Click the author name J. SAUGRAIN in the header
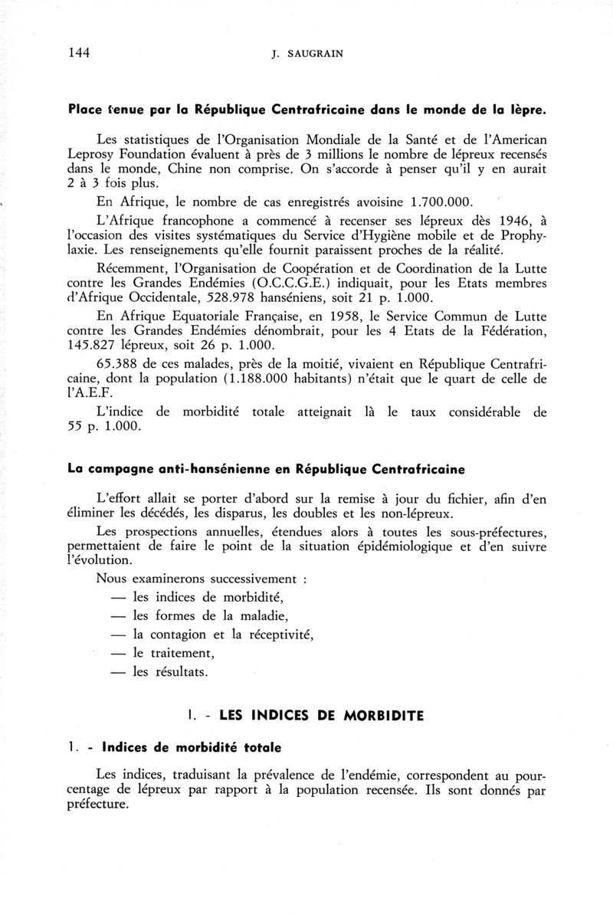[x=306, y=54]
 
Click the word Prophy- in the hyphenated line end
[x=521, y=238]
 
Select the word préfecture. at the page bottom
[x=97, y=806]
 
